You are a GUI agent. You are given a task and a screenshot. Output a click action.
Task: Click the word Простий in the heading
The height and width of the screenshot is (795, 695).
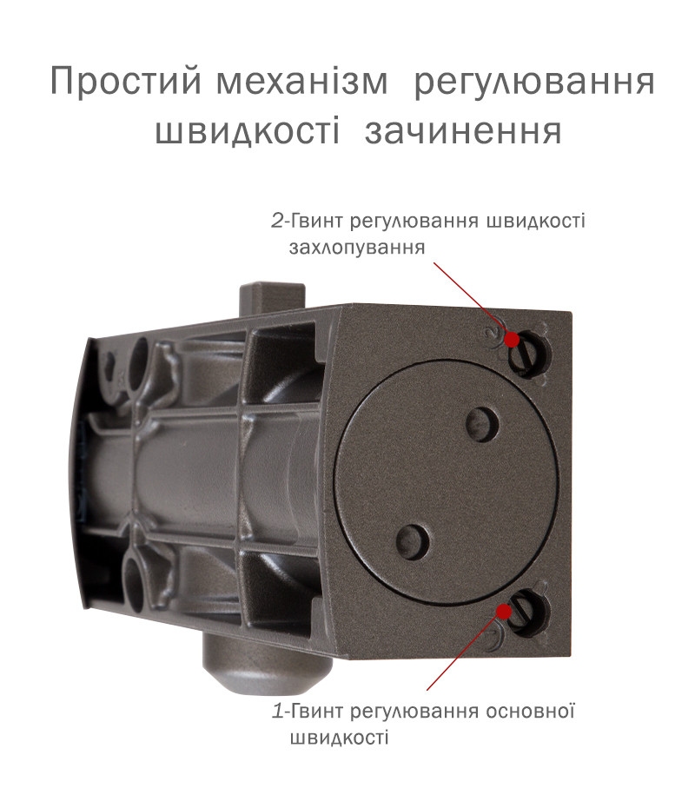126,82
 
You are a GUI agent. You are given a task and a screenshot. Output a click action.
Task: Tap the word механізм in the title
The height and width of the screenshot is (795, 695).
302,82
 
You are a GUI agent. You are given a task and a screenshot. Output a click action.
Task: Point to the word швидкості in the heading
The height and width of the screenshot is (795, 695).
248,132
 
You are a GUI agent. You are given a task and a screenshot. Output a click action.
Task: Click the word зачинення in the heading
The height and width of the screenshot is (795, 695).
463,132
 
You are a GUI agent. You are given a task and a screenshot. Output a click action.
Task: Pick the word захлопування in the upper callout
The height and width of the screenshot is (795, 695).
357,248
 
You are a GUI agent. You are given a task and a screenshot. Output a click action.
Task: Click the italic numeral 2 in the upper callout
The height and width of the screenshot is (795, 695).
278,221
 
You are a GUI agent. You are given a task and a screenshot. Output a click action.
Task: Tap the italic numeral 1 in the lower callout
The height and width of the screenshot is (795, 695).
278,712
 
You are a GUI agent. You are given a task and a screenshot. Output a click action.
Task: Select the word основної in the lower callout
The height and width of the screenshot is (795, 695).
530,712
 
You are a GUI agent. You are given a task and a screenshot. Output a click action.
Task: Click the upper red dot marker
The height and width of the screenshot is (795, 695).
513,339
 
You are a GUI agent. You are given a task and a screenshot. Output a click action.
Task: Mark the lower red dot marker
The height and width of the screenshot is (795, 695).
504,611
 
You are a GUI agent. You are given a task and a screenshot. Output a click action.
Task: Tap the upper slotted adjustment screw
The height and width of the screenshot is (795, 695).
528,353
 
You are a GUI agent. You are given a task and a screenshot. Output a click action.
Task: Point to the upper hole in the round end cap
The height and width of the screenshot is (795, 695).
480,424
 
